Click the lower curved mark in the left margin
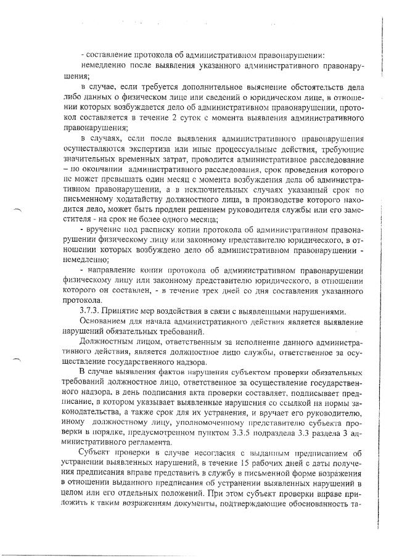pyautogui.click(x=17, y=357)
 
